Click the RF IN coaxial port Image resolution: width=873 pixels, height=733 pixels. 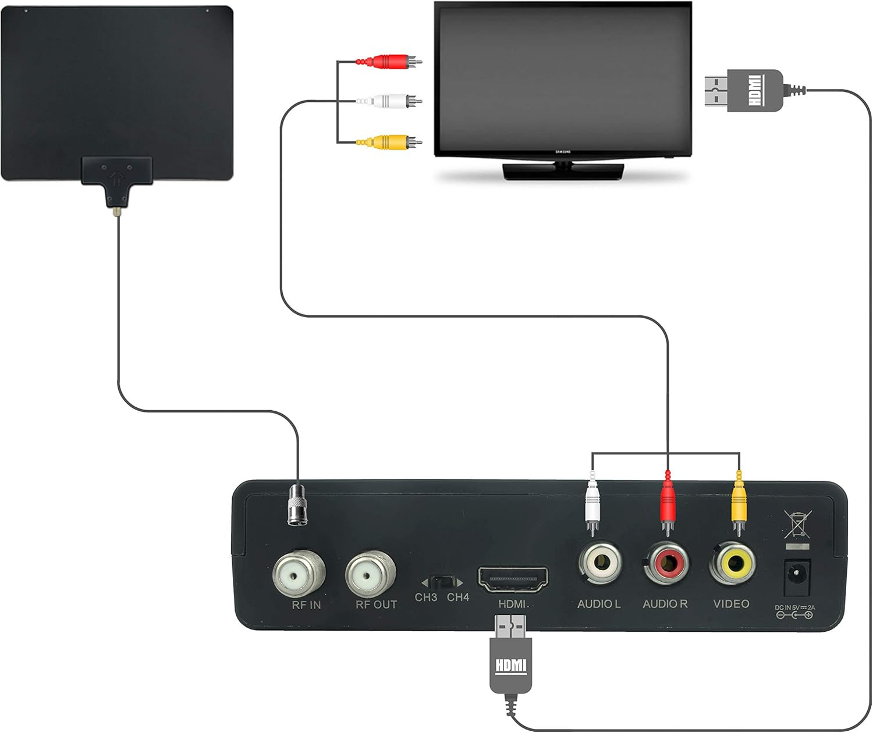[x=298, y=575]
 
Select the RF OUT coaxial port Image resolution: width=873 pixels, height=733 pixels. [x=370, y=575]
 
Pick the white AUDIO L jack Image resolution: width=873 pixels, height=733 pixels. [x=599, y=563]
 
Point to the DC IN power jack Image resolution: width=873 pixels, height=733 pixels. [x=796, y=577]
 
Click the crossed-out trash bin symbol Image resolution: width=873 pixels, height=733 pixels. [x=797, y=524]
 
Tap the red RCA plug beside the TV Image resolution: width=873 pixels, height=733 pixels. [x=389, y=61]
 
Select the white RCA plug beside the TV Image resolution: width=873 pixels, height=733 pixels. [x=389, y=102]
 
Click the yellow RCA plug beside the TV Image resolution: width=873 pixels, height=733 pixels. [x=389, y=141]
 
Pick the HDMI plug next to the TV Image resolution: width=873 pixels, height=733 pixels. [x=745, y=90]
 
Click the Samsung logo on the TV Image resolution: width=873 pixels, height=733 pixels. [x=563, y=152]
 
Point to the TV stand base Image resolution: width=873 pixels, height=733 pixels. [x=563, y=172]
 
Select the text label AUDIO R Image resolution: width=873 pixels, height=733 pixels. [x=665, y=604]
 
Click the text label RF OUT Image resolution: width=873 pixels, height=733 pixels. [x=376, y=605]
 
